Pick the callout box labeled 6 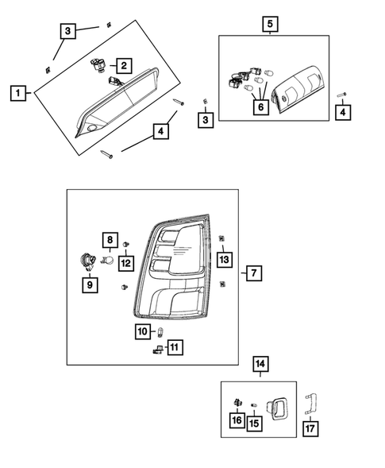pos(260,106)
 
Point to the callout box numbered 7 pos(252,273)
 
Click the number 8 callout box pos(110,239)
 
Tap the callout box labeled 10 pos(143,331)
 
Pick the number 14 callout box pos(260,365)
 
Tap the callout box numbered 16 pos(237,420)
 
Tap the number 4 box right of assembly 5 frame pos(342,113)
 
